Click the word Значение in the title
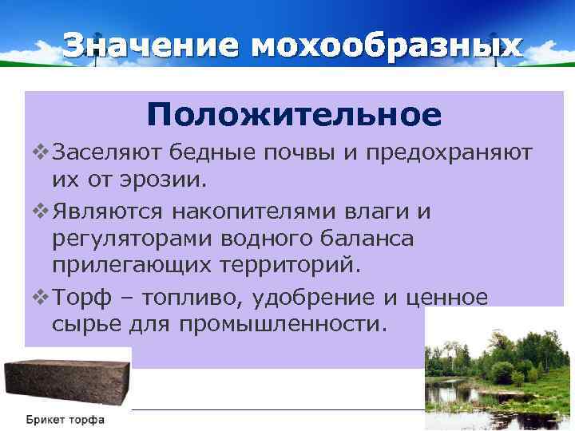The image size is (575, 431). [x=151, y=45]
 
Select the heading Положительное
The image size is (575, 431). [x=293, y=115]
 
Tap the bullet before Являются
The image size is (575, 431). [x=41, y=211]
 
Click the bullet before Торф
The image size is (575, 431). [x=41, y=298]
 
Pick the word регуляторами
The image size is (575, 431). [x=131, y=238]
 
